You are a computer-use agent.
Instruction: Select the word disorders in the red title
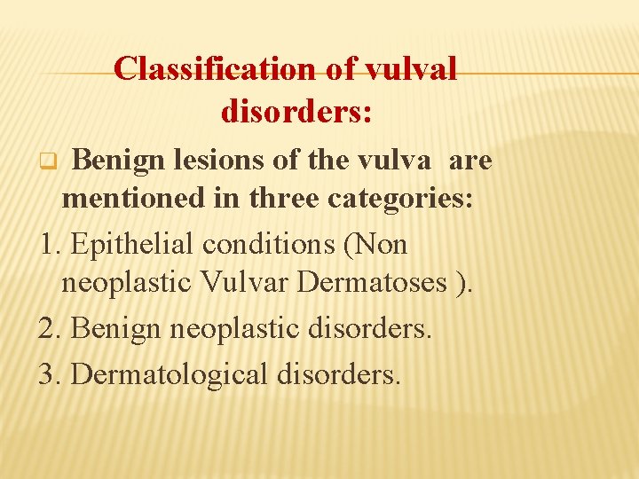pos(296,113)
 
